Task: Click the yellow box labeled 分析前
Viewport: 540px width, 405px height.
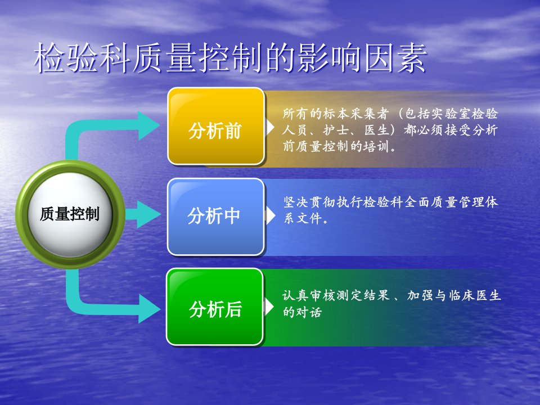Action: (216, 126)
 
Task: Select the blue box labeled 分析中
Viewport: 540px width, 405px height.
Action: (216, 217)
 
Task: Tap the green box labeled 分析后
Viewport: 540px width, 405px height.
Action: (215, 307)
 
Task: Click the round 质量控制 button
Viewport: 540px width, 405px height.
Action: (70, 214)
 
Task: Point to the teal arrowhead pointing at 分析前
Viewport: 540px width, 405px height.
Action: (148, 125)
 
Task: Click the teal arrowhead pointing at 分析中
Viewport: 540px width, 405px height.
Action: (148, 214)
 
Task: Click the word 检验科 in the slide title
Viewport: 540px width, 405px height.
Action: (83, 57)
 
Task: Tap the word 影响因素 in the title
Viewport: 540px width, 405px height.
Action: (362, 57)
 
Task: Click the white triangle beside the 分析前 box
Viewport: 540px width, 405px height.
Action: (271, 127)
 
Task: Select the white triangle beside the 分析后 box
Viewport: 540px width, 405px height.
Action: (269, 307)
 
